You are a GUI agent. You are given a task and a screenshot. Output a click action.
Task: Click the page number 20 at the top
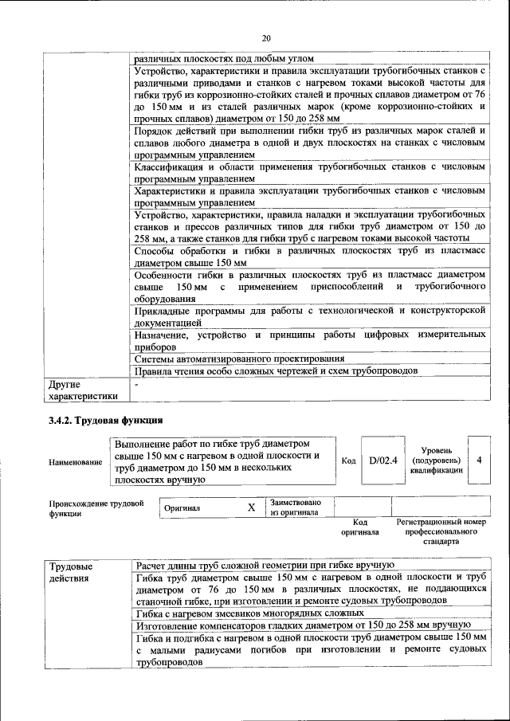[266, 37]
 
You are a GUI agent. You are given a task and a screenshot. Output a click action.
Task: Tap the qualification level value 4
[478, 460]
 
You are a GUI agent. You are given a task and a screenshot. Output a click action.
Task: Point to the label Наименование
[76, 461]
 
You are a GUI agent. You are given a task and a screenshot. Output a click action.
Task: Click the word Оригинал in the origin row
[182, 507]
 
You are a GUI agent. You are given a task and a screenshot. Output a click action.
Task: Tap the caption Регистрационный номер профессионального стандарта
[441, 531]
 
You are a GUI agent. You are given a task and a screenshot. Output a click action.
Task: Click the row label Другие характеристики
[84, 390]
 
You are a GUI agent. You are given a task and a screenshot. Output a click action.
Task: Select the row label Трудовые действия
[72, 572]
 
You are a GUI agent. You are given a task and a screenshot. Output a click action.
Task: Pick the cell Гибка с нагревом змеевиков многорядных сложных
[250, 613]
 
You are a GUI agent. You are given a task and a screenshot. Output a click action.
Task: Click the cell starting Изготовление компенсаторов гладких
[304, 625]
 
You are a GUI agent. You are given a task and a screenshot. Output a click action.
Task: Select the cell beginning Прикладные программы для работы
[309, 317]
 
